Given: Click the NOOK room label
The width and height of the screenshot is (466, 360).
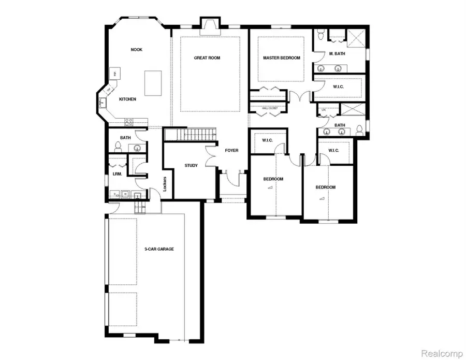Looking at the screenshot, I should [136, 50].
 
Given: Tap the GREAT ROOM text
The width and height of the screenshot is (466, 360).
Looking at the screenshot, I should [207, 58].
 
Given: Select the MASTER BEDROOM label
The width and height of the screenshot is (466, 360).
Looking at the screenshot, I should [281, 58].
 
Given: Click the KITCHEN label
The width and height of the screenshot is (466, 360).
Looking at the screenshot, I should [127, 99].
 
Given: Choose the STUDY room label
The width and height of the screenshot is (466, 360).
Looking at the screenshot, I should [191, 166].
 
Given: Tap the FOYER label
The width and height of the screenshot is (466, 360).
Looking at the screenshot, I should [231, 150].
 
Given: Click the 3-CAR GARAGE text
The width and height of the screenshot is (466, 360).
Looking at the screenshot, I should [159, 249].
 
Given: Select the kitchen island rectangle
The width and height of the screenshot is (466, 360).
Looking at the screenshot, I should [152, 84].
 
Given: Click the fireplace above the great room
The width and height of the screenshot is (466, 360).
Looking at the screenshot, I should [209, 26].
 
